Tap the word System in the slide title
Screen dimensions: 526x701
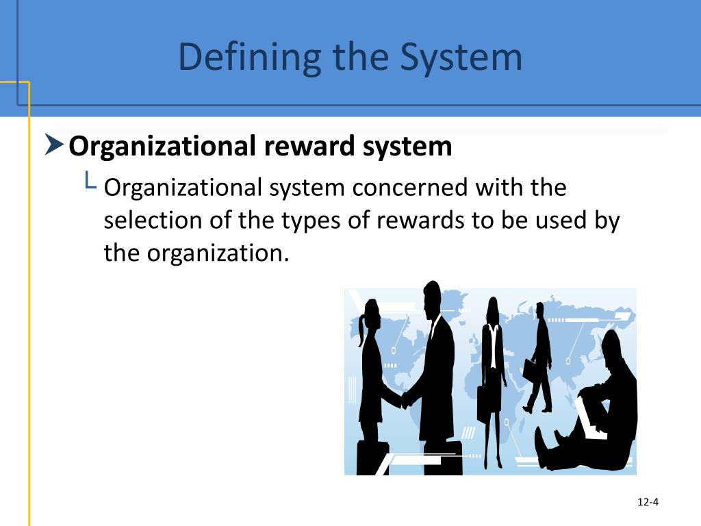pos(463,58)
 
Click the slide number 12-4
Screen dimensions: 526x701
pos(647,503)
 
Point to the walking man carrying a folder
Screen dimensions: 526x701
pos(540,356)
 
